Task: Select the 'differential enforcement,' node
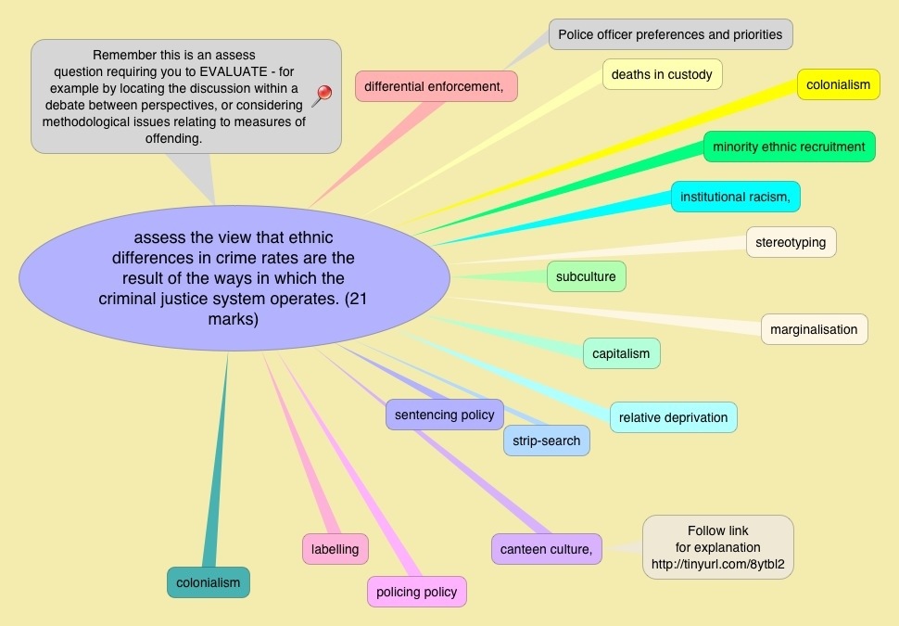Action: click(436, 86)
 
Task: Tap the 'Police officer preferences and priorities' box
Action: click(670, 35)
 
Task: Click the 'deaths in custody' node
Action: click(662, 74)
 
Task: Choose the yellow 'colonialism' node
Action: click(838, 84)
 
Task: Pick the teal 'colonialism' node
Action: click(208, 582)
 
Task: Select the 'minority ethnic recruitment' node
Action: click(789, 147)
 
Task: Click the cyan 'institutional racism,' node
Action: click(735, 197)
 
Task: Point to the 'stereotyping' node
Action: click(791, 242)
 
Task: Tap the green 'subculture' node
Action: click(587, 276)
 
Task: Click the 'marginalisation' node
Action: click(814, 328)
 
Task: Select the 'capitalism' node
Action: click(621, 353)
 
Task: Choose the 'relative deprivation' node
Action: click(673, 417)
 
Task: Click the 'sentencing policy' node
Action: click(445, 415)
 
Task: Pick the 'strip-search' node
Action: click(546, 441)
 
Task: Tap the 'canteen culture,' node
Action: click(546, 549)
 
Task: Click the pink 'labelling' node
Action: click(335, 549)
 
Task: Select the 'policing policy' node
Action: click(416, 592)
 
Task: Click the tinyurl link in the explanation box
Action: click(717, 563)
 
